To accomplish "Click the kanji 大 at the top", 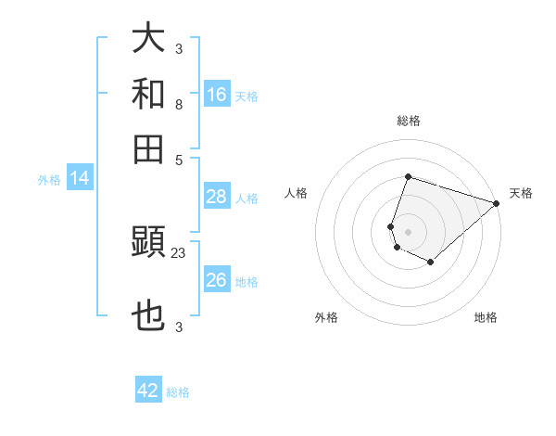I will pos(149,39).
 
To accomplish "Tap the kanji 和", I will pos(149,94).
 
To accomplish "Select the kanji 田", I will pos(149,148).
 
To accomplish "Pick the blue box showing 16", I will pos(217,94).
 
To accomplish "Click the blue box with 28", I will pos(217,197).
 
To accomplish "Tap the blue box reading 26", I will pos(217,280).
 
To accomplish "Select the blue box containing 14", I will pos(80,179).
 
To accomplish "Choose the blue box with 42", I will pos(148,391).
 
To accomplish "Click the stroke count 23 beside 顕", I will pos(179,251).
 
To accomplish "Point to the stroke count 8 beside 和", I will pos(179,104).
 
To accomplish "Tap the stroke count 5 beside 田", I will pos(179,159).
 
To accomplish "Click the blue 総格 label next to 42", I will pos(178,392).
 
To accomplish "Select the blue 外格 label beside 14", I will pos(49,180).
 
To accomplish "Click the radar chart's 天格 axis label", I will pos(521,193).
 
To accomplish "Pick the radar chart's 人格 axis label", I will pos(297,193).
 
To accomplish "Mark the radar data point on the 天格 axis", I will pos(497,203).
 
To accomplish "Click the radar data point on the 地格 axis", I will pos(431,263).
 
